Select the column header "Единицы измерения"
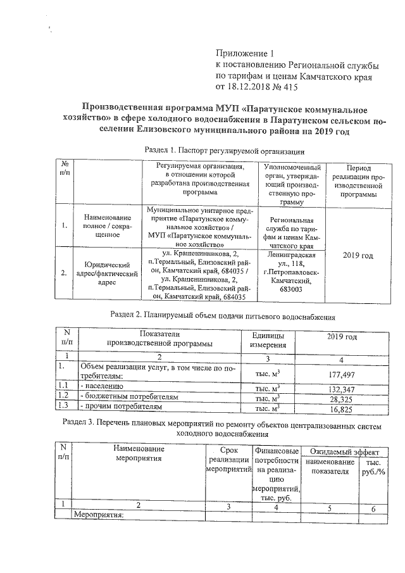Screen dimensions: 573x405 coord(268,340)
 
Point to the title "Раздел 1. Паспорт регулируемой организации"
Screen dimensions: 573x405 coord(225,151)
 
